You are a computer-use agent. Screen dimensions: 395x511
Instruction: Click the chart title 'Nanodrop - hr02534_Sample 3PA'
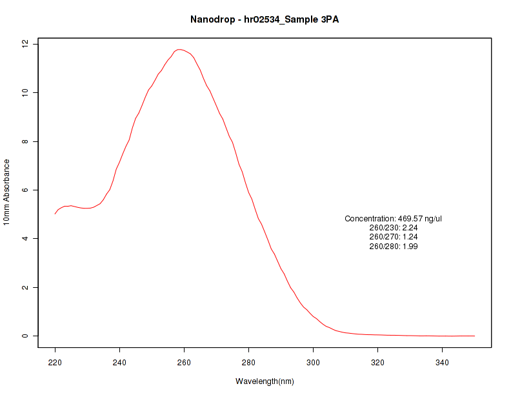pyautogui.click(x=264, y=19)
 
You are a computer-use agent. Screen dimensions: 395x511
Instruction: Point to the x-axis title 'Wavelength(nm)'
pyautogui.click(x=265, y=381)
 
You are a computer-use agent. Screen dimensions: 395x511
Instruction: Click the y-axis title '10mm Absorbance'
pyautogui.click(x=6, y=192)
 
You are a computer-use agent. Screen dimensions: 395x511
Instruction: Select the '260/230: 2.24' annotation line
pyautogui.click(x=394, y=228)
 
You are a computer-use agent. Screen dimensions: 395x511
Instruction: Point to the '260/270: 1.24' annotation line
pyautogui.click(x=394, y=237)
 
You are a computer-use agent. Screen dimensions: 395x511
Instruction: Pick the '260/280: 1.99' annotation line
pyautogui.click(x=394, y=246)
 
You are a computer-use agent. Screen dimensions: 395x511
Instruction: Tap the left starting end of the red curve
pyautogui.click(x=55, y=214)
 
